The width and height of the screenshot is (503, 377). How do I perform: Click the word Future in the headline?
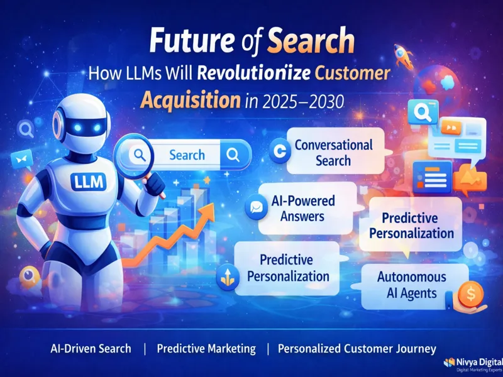point(187,42)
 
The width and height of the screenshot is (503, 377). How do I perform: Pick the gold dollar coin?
point(468,293)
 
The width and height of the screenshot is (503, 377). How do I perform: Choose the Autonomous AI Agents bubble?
point(412,284)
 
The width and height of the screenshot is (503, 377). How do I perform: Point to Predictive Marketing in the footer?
point(206,348)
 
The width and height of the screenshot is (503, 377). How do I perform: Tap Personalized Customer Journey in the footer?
point(357,348)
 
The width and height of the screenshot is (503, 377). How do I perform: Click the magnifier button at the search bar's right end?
point(233,155)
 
